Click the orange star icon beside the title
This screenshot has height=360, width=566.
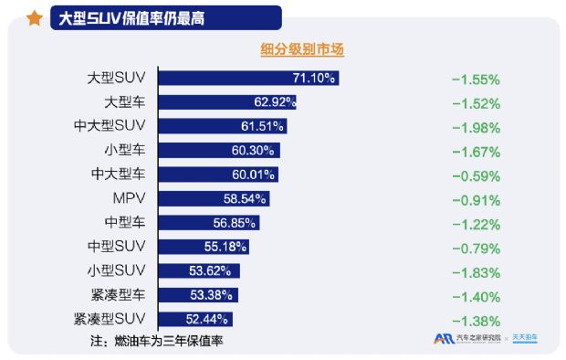(x=35, y=17)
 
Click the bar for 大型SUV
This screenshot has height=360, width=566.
(x=248, y=78)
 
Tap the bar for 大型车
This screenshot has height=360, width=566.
(x=228, y=101)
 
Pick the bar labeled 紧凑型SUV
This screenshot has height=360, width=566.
(x=195, y=319)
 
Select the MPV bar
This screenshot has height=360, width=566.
(x=214, y=198)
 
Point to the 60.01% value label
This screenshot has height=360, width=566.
(x=255, y=175)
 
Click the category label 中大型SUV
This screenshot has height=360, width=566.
(x=110, y=126)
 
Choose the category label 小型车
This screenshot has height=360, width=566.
(x=125, y=150)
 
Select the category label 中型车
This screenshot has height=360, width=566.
(x=125, y=222)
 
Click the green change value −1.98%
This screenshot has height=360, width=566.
(x=476, y=126)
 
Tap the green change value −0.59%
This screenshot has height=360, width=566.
(x=476, y=175)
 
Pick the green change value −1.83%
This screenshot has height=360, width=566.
(x=476, y=271)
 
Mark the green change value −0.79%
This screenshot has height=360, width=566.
(x=476, y=247)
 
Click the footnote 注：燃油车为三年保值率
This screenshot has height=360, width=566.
(x=157, y=341)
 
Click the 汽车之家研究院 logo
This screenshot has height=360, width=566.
(x=466, y=339)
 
